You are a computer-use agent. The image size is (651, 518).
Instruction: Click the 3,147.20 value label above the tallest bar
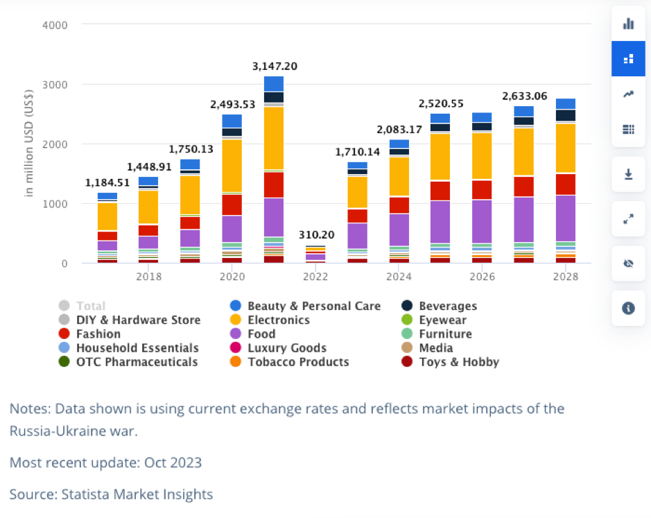(273, 67)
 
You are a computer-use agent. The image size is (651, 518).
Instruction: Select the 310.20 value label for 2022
(315, 235)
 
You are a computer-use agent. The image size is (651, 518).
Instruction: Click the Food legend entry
(261, 334)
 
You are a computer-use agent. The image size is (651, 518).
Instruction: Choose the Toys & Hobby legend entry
(458, 361)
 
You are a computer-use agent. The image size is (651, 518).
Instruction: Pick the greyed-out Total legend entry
(91, 306)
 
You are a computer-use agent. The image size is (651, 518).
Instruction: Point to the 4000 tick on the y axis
(55, 25)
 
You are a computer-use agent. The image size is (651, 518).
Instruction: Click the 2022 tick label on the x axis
(315, 277)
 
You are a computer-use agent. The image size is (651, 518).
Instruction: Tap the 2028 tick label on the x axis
(566, 277)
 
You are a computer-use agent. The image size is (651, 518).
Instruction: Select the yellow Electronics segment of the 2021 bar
(274, 139)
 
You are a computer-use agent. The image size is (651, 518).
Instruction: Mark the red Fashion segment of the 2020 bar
(232, 205)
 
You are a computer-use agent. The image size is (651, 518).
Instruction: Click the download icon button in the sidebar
(629, 174)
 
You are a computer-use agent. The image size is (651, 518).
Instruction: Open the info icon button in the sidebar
(629, 308)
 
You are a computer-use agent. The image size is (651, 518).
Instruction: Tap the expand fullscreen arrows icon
(629, 218)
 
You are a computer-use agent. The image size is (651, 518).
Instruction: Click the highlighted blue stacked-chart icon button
(629, 59)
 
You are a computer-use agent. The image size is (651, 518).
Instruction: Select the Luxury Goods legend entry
(286, 347)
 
